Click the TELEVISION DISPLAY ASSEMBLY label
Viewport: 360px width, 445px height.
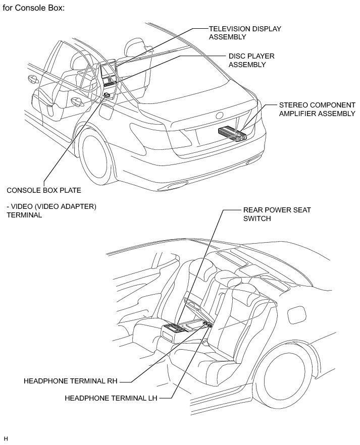coord(245,33)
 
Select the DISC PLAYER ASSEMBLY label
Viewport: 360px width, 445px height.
coord(251,61)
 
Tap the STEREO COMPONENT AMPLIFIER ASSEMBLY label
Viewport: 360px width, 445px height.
coord(317,109)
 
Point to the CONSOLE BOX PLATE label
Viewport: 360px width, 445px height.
coord(44,190)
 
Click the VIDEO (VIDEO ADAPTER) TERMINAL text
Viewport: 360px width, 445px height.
coord(52,210)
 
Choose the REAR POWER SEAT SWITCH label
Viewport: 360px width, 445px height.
coord(277,214)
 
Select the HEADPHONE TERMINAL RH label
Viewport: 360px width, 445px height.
coord(70,381)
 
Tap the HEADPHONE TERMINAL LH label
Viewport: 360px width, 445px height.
coord(111,398)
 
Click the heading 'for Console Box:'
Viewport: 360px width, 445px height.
coord(34,8)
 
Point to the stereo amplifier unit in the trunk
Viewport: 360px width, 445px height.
coord(232,134)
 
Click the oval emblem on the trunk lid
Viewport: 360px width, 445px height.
coord(220,116)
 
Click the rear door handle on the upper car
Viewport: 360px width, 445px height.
coord(76,101)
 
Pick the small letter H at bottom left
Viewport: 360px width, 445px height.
coord(6,439)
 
